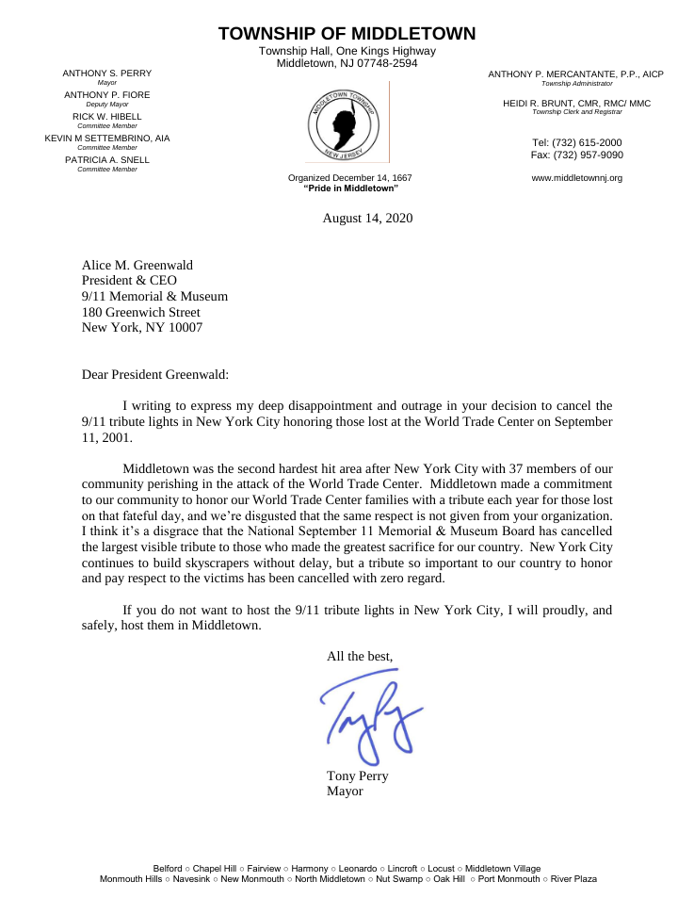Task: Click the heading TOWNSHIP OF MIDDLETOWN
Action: tap(347, 34)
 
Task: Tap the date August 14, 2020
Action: tap(367, 218)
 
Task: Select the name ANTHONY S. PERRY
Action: tap(106, 73)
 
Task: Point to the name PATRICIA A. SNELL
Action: tap(106, 160)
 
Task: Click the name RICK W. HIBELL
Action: tap(106, 117)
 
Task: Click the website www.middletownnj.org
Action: tap(576, 177)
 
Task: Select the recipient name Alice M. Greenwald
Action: tap(137, 266)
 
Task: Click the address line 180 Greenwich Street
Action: tap(140, 313)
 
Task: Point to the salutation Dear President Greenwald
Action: tap(155, 374)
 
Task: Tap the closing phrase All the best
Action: tap(360, 656)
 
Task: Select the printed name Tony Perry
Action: tap(357, 776)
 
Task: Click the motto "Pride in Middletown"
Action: tap(350, 188)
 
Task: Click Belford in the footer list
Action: tap(168, 868)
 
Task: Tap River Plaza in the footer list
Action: tap(573, 878)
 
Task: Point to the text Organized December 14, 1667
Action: tap(350, 178)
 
